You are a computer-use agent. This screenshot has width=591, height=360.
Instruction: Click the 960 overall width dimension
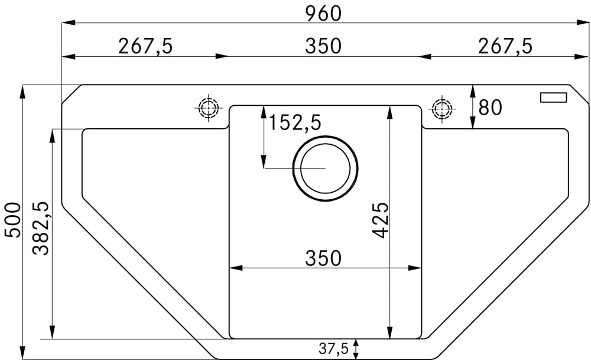[x=323, y=13]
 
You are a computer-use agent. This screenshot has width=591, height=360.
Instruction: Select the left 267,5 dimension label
[x=145, y=46]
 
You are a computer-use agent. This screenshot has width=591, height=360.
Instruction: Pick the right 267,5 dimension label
[x=505, y=46]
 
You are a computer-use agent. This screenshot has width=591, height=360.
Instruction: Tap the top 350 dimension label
[x=323, y=46]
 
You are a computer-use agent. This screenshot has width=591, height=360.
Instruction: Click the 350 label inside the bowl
[x=323, y=258]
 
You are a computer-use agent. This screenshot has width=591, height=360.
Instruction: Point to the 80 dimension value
[x=490, y=108]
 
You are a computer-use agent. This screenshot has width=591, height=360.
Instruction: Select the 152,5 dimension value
[x=294, y=122]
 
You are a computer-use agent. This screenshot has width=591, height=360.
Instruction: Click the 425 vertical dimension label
[x=380, y=220]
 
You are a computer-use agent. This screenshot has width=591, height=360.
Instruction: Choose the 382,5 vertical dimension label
[x=41, y=228]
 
